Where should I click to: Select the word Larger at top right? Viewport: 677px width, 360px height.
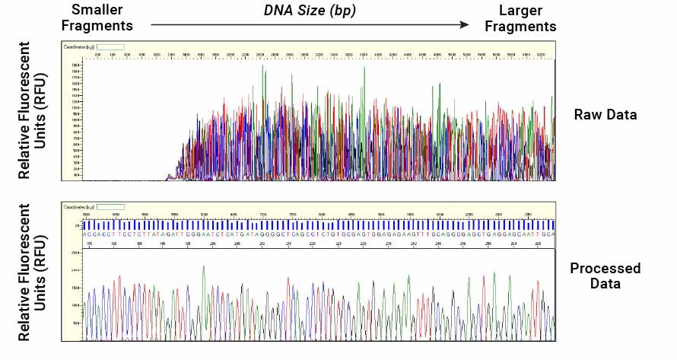[521, 10]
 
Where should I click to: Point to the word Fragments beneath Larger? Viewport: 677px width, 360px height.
[521, 26]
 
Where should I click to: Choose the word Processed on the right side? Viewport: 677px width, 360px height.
[605, 269]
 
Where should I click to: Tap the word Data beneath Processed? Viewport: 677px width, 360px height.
[605, 284]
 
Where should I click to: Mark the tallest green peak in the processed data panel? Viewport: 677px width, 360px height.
[204, 267]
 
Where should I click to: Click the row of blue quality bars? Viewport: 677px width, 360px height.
[319, 225]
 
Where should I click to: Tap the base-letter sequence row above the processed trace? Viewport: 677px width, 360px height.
[319, 235]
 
